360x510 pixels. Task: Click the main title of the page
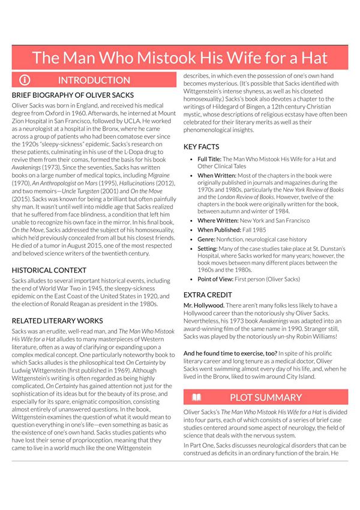tap(180, 58)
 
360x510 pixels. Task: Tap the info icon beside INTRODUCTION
tap(25, 80)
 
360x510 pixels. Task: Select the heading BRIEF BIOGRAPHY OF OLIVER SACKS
tap(73, 95)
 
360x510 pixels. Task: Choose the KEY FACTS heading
tap(202, 146)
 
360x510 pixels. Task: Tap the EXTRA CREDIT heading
tap(208, 295)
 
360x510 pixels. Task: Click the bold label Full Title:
tap(209, 159)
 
